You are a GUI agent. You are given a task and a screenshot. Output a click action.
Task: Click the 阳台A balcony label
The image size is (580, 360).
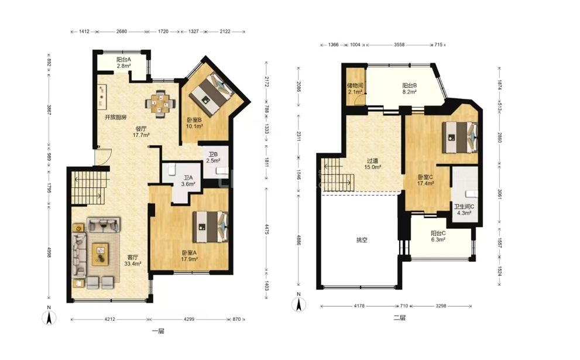124,63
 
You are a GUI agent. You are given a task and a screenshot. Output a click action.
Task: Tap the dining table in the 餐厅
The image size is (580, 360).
160,104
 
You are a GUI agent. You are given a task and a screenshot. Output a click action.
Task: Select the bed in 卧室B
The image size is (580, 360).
211,94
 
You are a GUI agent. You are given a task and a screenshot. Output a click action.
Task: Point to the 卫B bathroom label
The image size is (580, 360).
213,158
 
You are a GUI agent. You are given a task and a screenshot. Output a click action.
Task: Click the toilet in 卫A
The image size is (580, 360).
171,170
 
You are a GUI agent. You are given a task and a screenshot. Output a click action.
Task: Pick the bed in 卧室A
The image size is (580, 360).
210,227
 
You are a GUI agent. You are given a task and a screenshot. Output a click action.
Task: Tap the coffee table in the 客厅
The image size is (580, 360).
100,254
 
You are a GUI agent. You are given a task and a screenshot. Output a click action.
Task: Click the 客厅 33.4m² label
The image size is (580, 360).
133,260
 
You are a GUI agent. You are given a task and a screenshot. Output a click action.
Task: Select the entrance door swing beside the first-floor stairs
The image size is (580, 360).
103,157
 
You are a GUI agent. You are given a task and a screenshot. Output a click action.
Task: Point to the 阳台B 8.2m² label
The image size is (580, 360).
410,88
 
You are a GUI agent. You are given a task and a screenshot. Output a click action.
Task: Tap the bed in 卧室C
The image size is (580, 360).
460,137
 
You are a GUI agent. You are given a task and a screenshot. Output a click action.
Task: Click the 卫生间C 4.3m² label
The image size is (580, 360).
464,210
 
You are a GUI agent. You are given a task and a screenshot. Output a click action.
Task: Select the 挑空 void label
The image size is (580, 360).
361,240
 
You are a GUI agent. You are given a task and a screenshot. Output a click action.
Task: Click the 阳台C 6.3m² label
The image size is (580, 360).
438,236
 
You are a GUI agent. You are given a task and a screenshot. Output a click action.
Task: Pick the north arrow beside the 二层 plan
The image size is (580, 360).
298,304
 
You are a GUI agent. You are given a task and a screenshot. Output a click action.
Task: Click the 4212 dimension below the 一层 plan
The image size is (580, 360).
109,319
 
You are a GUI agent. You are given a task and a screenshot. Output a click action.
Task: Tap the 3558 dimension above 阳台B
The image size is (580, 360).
399,44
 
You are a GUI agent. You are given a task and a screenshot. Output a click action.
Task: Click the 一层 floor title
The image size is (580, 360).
158,331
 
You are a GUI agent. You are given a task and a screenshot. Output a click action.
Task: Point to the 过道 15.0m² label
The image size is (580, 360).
372,164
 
